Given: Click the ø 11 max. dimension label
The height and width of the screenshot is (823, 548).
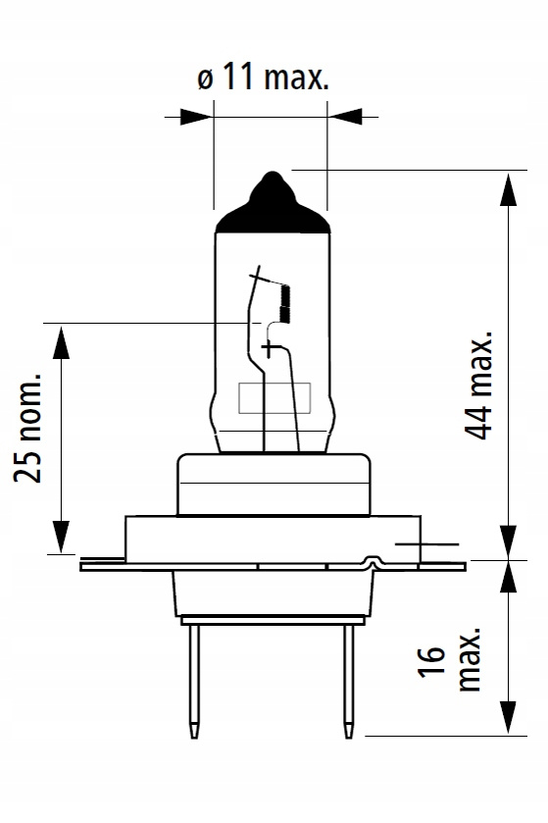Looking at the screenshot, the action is point(264,78).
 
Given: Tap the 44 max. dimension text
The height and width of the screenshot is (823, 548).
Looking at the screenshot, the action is point(479,385).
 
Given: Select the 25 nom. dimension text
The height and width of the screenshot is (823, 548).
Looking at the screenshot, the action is point(27,428).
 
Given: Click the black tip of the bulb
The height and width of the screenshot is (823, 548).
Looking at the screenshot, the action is point(273,205).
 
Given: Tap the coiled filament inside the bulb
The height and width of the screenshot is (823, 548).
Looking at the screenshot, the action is point(285,303).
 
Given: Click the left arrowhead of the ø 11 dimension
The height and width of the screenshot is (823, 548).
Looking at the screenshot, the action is point(196,117).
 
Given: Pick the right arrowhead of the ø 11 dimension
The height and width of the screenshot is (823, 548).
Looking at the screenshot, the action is point(345,117).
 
